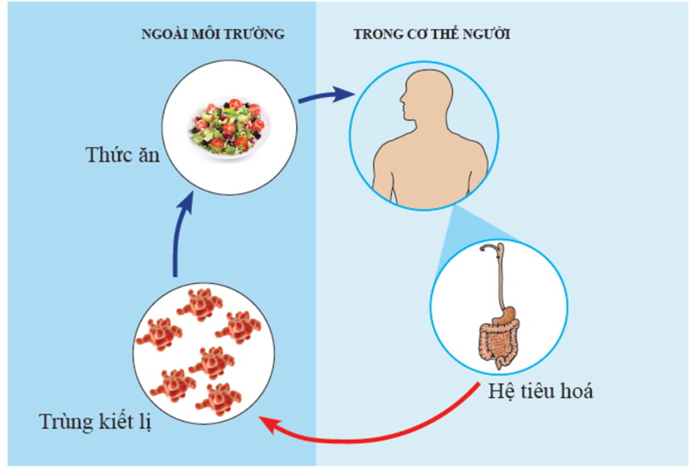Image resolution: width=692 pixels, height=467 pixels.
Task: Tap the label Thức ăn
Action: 123,155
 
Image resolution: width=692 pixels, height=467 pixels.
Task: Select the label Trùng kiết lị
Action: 94,420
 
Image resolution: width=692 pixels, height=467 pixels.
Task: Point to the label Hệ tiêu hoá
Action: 541,392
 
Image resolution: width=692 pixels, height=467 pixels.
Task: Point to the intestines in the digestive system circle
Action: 497,341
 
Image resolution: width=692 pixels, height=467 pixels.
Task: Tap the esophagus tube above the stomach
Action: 499,272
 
